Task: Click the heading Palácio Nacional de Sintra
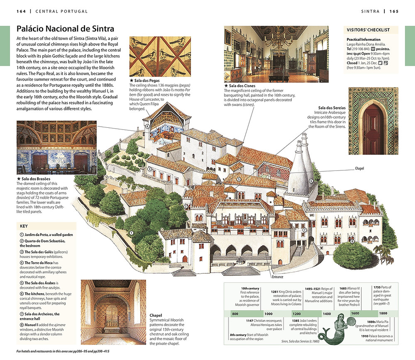(66, 29)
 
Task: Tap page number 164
(21, 11)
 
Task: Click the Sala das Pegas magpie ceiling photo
(160, 56)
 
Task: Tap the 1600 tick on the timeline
(355, 314)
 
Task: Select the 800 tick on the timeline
(235, 314)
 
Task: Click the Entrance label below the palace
(278, 277)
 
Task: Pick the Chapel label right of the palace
(359, 168)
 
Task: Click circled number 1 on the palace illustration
(131, 233)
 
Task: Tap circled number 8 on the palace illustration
(352, 241)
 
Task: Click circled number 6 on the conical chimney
(311, 181)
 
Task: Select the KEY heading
(24, 226)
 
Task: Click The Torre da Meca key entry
(43, 270)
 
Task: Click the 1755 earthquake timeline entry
(383, 295)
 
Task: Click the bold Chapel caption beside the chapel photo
(156, 315)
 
